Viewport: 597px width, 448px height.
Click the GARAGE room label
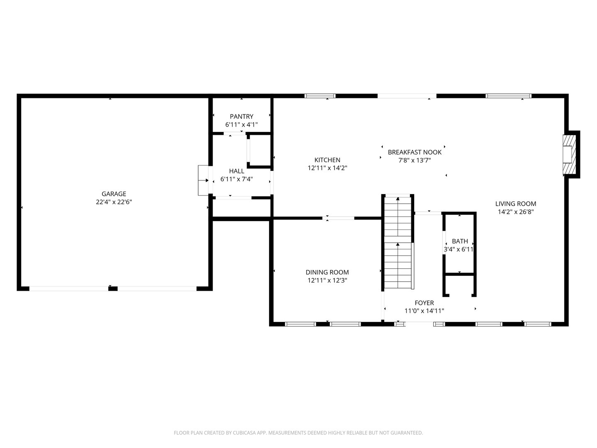coord(114,194)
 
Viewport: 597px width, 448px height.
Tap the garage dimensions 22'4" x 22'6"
coord(114,202)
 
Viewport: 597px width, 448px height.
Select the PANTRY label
coord(241,117)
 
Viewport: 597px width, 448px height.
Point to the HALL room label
coord(236,171)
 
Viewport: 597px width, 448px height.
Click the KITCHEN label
coord(327,160)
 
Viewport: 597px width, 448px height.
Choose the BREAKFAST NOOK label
coord(415,152)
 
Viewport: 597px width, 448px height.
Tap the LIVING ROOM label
coord(516,204)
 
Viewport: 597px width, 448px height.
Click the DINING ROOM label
coord(327,272)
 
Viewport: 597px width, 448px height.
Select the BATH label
coord(460,241)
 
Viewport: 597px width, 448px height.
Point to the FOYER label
coord(424,303)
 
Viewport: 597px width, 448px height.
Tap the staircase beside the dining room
coord(398,243)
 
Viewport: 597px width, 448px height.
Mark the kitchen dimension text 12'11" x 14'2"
coord(327,168)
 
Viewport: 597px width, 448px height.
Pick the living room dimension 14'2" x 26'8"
coord(516,212)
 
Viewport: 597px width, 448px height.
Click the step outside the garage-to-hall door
coord(204,180)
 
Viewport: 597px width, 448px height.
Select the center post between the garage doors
coord(113,289)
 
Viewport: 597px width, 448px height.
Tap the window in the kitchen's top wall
coord(320,96)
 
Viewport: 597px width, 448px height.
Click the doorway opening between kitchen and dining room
coord(338,218)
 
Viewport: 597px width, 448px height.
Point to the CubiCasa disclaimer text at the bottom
coord(298,433)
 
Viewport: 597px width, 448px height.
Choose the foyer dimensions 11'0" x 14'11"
coord(424,311)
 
